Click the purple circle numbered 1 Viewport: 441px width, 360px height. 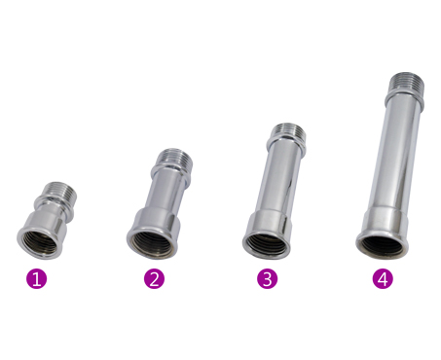[36, 278]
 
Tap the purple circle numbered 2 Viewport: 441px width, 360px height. [154, 278]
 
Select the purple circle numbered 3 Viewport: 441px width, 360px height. [267, 278]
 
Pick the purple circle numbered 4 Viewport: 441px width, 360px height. [383, 278]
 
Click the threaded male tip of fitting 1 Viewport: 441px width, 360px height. [60, 190]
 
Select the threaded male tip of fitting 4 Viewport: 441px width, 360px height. [406, 82]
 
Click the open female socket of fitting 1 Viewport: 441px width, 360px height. [39, 242]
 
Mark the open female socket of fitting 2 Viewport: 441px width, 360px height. [152, 243]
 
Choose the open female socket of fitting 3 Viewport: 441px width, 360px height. [267, 243]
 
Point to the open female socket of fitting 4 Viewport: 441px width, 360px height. [382, 244]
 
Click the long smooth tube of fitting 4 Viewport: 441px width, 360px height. [395, 156]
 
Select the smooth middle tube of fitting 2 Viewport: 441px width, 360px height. [166, 192]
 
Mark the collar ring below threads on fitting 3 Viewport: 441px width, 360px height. [287, 145]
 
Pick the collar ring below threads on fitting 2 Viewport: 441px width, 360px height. [172, 171]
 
